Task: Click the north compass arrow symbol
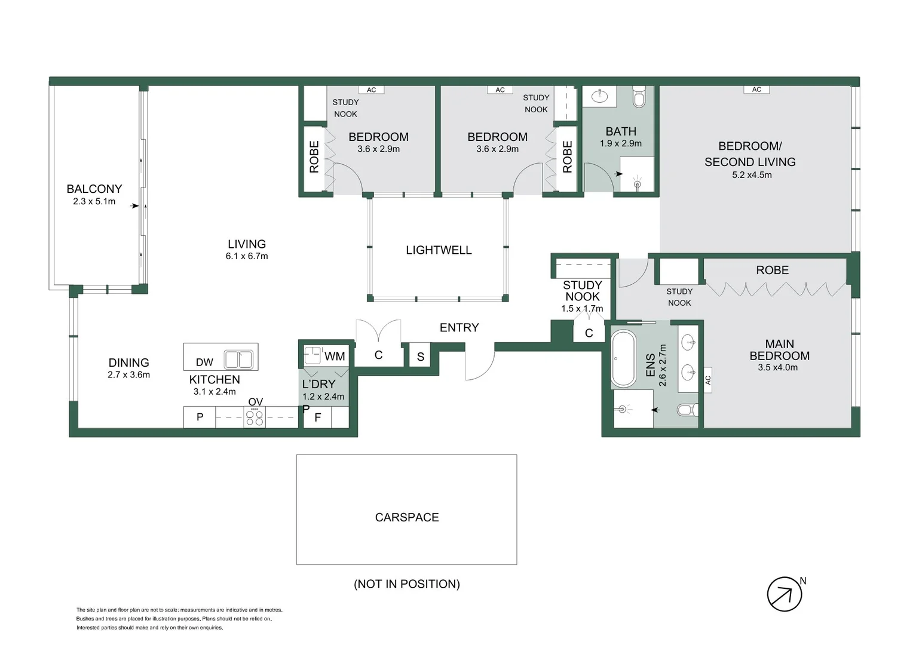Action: [784, 594]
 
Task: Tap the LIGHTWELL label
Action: [439, 250]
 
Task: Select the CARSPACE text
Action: [407, 517]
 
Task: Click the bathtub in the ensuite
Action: [623, 359]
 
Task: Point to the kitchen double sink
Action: [239, 360]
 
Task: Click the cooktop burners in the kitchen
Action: [255, 417]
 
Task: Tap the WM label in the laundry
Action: [335, 357]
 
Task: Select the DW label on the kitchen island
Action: [204, 363]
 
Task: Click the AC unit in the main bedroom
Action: [708, 380]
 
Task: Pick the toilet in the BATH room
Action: [639, 97]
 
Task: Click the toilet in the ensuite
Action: [688, 410]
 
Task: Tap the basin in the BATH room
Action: [599, 97]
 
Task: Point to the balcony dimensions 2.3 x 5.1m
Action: [94, 201]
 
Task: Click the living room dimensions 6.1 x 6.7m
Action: [247, 256]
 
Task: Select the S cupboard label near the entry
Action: [421, 357]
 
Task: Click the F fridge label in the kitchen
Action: [318, 417]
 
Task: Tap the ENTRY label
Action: [459, 328]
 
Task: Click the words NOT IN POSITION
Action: [407, 584]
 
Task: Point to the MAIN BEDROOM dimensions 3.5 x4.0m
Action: [778, 367]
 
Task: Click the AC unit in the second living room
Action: [756, 90]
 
